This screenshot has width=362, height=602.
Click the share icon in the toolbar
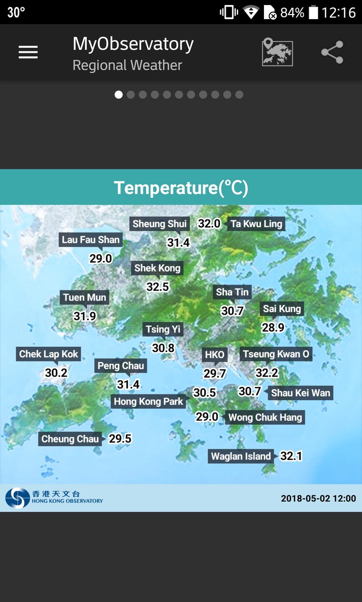click(x=332, y=52)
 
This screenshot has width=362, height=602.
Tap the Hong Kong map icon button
click(x=277, y=52)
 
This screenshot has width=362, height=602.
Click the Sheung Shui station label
click(x=159, y=224)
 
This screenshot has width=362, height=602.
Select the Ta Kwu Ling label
click(x=256, y=224)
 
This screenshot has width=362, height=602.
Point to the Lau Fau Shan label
click(x=90, y=240)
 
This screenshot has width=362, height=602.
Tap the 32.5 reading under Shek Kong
click(x=157, y=287)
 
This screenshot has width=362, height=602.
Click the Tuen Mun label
click(x=84, y=297)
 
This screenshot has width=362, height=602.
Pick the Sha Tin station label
click(x=232, y=292)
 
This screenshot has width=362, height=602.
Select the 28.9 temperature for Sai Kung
click(x=273, y=328)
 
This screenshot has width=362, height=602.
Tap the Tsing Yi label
click(x=162, y=330)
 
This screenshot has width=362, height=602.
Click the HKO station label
click(x=214, y=354)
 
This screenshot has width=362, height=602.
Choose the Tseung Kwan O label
click(x=276, y=354)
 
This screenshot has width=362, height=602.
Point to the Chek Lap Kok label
click(x=49, y=354)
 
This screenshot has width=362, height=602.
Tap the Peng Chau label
click(x=121, y=366)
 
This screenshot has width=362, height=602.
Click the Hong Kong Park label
click(x=148, y=401)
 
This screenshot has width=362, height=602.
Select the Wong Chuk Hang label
click(x=265, y=417)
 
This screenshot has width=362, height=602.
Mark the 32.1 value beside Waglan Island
click(x=291, y=457)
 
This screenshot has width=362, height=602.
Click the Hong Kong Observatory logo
click(x=54, y=498)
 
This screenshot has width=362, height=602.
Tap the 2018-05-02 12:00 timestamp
click(x=318, y=498)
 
